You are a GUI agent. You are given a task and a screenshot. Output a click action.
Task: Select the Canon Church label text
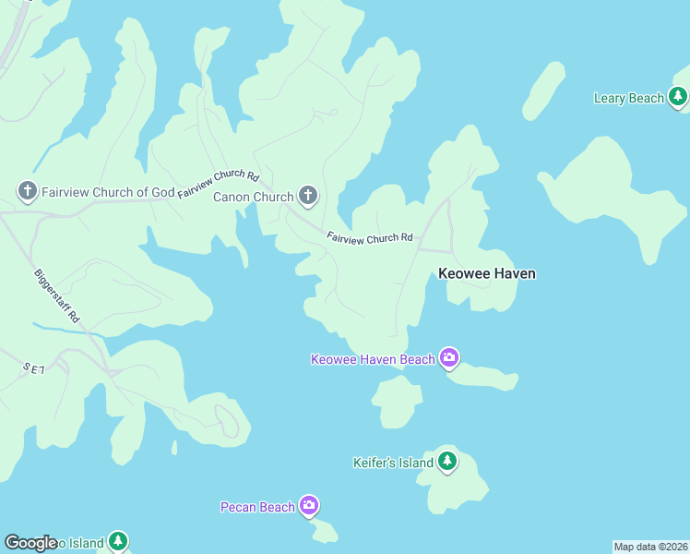click(x=253, y=197)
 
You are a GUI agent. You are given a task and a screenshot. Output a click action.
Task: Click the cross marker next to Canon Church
click(x=308, y=196)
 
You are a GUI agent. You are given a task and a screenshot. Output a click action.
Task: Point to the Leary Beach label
click(x=629, y=98)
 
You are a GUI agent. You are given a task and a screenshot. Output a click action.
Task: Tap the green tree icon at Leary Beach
click(x=678, y=96)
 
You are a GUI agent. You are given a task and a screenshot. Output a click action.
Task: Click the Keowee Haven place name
click(x=486, y=273)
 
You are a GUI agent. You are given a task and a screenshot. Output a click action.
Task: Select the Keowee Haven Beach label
click(x=373, y=359)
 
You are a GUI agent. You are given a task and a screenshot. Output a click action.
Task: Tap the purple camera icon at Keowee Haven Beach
click(x=449, y=357)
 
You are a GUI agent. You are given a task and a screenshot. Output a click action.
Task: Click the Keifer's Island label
click(x=393, y=462)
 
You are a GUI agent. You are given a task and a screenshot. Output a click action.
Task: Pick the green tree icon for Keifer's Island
click(x=447, y=461)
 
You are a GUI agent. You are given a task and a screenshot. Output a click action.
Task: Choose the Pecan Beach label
click(x=257, y=506)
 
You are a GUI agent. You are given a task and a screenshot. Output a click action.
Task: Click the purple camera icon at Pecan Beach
click(x=309, y=505)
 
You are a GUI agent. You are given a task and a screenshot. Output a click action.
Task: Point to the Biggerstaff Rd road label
click(x=58, y=295)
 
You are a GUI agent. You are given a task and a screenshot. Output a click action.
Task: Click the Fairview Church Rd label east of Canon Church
click(x=370, y=237)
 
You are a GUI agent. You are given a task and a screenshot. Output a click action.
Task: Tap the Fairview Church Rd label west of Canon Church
click(x=219, y=183)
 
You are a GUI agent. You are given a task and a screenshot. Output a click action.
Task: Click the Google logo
click(x=31, y=543)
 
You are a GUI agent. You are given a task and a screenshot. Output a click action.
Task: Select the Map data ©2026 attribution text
click(x=651, y=547)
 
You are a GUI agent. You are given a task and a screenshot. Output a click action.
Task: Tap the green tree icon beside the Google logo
click(x=117, y=542)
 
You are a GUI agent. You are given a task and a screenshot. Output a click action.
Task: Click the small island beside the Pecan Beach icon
click(x=324, y=530)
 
